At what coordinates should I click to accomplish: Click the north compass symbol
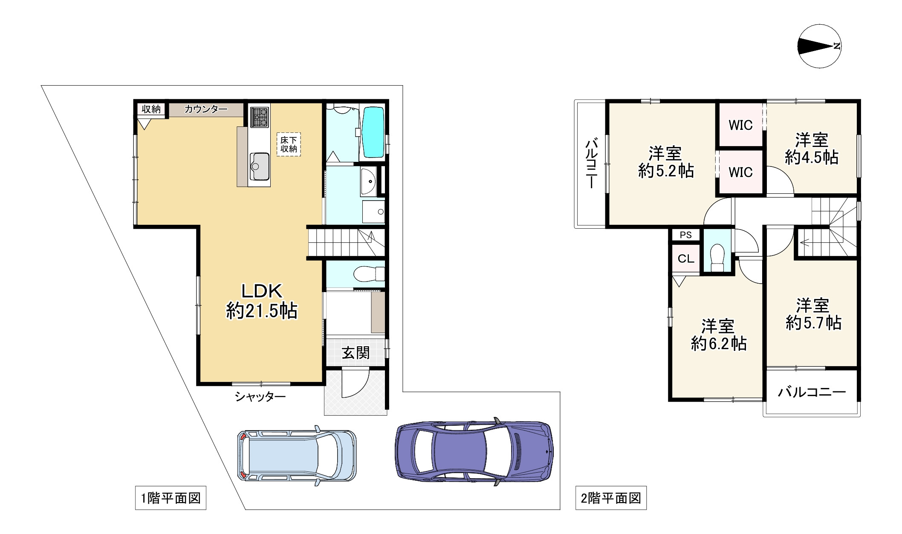pyautogui.click(x=819, y=46)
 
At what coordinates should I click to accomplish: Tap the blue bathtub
pyautogui.click(x=373, y=132)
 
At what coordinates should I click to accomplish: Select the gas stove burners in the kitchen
pyautogui.click(x=260, y=117)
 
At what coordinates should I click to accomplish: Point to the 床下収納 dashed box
pyautogui.click(x=289, y=144)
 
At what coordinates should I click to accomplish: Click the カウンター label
pyautogui.click(x=206, y=109)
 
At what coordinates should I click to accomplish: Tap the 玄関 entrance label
pyautogui.click(x=356, y=353)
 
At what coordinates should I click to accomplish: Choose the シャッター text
pyautogui.click(x=260, y=397)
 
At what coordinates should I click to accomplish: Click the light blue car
pyautogui.click(x=297, y=455)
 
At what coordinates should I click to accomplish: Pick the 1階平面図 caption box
pyautogui.click(x=171, y=498)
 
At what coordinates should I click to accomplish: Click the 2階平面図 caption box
pyautogui.click(x=611, y=498)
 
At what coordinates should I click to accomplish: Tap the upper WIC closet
pyautogui.click(x=741, y=125)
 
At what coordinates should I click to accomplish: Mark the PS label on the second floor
pyautogui.click(x=686, y=235)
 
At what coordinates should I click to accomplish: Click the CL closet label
pyautogui.click(x=686, y=258)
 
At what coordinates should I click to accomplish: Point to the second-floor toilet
pyautogui.click(x=718, y=257)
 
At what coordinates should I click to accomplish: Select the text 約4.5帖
pyautogui.click(x=812, y=158)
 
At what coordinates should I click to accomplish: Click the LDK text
pyautogui.click(x=262, y=291)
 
